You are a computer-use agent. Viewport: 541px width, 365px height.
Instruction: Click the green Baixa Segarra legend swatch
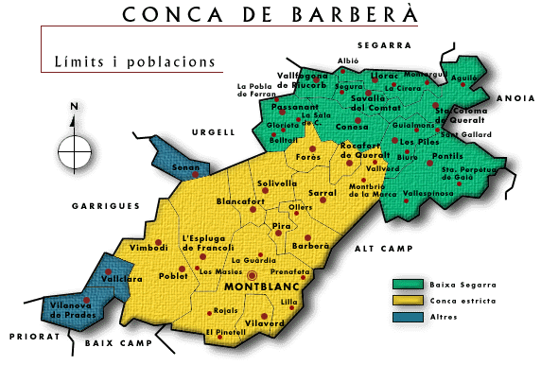pos(408,284)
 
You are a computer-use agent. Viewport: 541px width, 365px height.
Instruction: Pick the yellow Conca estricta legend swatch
pos(408,300)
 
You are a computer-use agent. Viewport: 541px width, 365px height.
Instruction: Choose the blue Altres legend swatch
pos(408,316)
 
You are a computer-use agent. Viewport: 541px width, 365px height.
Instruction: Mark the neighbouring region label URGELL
pos(212,132)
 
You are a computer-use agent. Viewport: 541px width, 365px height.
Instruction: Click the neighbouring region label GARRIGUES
pos(105,205)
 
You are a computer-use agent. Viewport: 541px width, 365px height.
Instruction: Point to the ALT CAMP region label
pos(377,248)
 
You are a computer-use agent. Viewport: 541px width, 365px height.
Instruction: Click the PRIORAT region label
pos(27,336)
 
